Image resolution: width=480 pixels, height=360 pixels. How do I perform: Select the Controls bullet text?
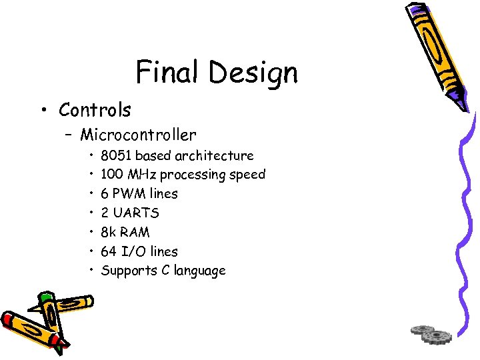(95, 109)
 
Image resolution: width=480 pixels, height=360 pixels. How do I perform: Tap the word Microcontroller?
(138, 135)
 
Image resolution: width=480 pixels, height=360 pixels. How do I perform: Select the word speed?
(248, 175)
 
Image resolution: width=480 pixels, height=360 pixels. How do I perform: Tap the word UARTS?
(136, 213)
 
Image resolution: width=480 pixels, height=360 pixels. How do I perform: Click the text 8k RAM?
(125, 233)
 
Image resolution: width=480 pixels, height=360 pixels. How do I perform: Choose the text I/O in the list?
(133, 251)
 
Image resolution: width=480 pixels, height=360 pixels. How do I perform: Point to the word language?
(201, 271)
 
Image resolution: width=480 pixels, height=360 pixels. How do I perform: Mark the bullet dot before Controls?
(44, 109)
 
